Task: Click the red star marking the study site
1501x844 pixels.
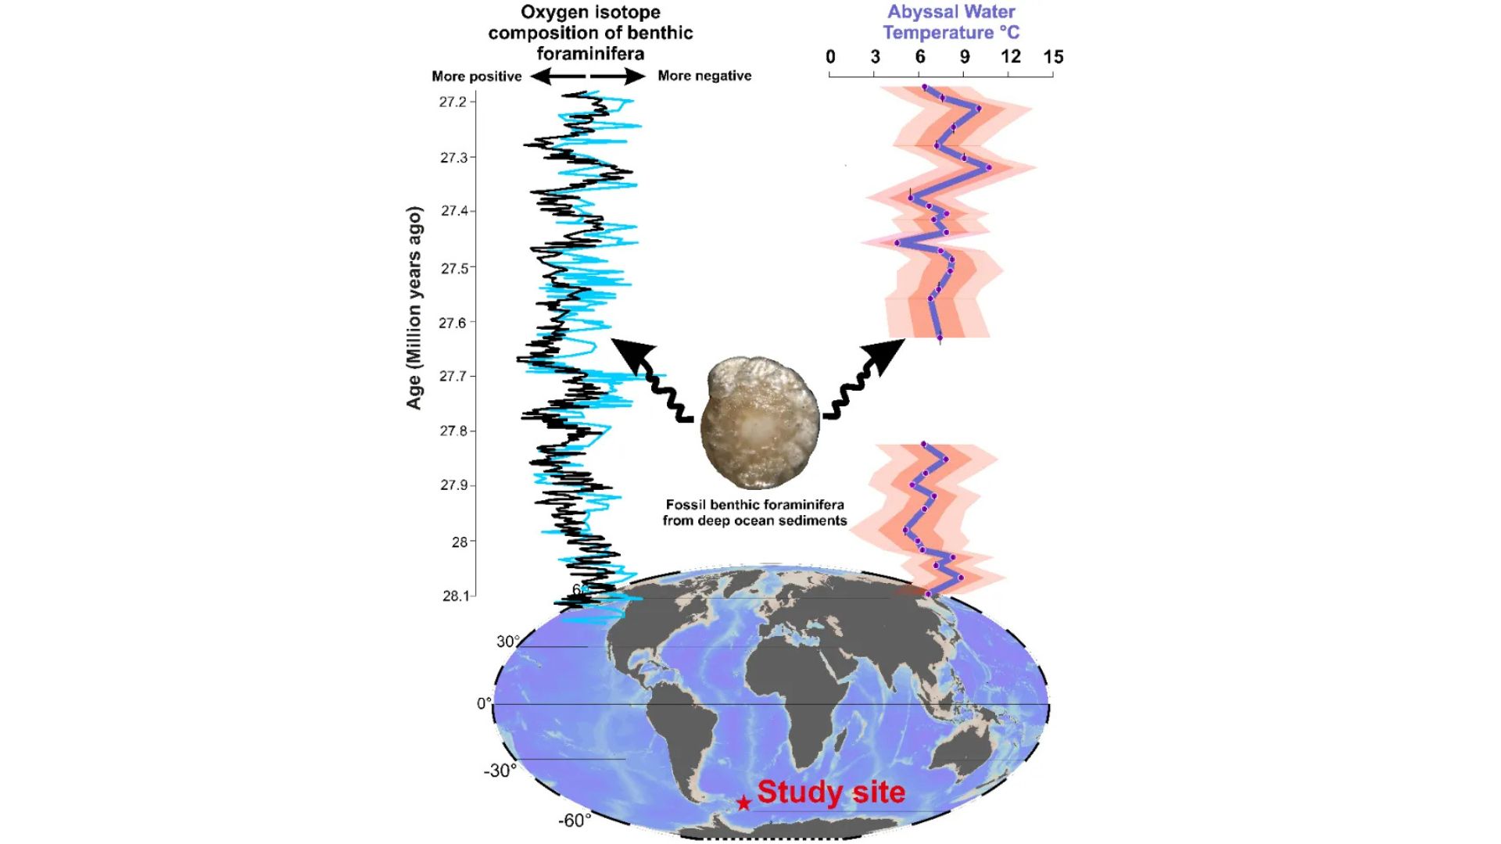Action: (x=743, y=803)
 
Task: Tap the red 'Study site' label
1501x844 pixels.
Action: (x=831, y=792)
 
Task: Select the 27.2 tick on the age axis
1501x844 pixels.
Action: (x=453, y=102)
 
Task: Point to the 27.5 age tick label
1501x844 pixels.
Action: (x=454, y=269)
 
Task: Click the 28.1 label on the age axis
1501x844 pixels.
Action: (x=456, y=596)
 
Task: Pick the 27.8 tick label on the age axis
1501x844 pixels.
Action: (x=453, y=431)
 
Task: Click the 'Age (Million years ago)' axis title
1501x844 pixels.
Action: (x=414, y=308)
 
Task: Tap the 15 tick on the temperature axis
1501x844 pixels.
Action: (x=1053, y=57)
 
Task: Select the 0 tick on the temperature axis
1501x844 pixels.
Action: (x=830, y=57)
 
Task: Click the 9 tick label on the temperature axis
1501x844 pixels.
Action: (x=965, y=57)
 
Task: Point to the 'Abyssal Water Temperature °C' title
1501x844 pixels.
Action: (x=951, y=23)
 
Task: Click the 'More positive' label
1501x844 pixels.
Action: (x=477, y=77)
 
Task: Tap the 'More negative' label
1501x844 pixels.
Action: (x=704, y=76)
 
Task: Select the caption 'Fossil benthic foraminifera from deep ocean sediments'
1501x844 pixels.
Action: (x=754, y=513)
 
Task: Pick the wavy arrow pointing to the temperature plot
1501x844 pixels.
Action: (x=864, y=379)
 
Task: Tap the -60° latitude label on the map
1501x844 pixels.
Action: (x=575, y=821)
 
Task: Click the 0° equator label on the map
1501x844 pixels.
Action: (x=485, y=703)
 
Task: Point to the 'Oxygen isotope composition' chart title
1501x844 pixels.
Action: (x=590, y=33)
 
